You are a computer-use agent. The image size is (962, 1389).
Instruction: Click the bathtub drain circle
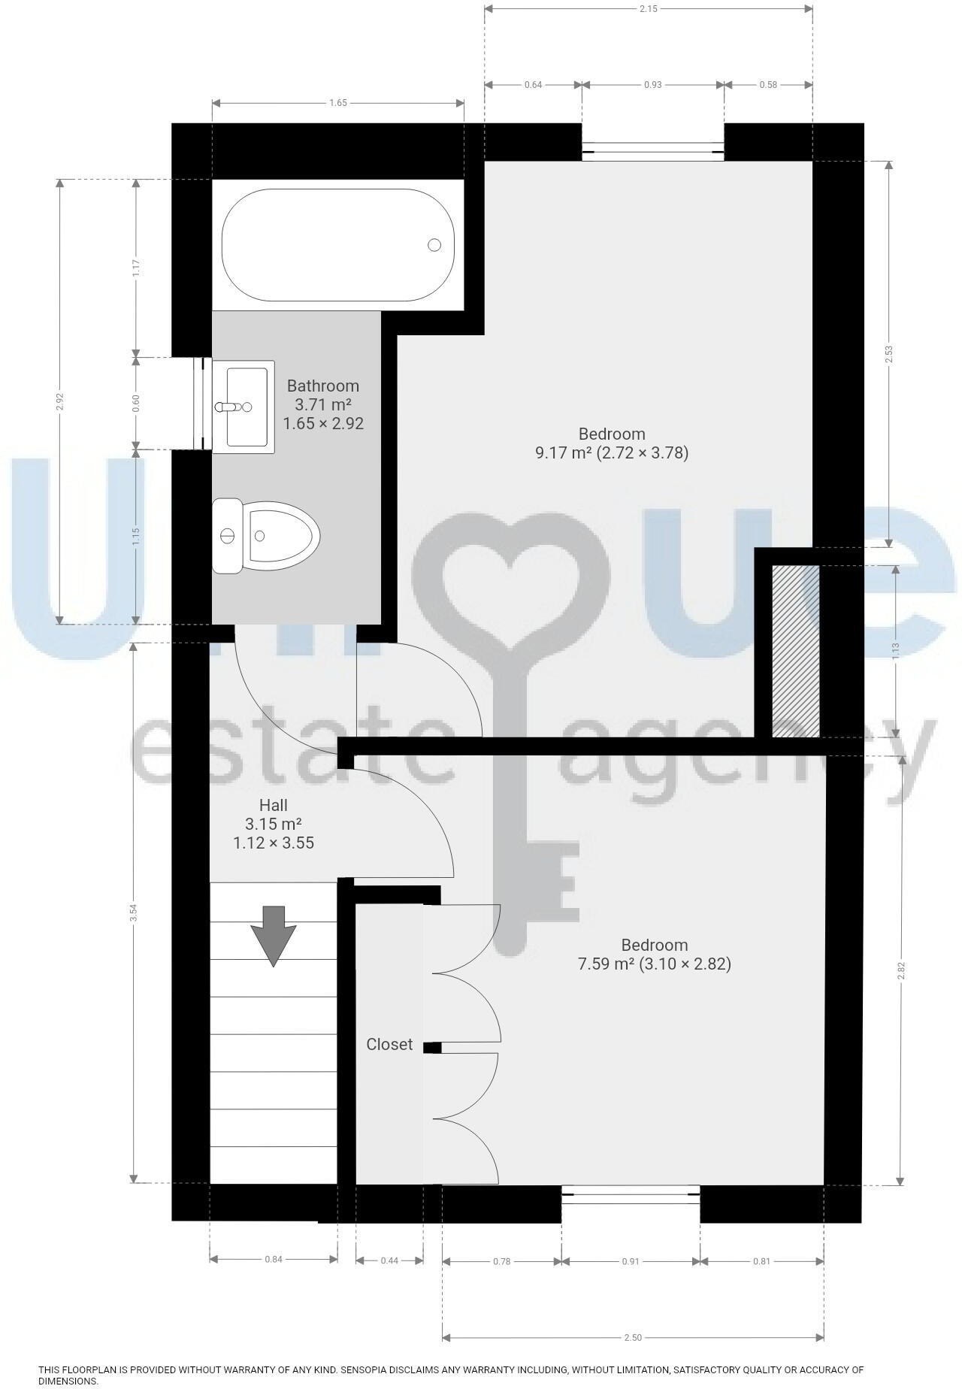(434, 244)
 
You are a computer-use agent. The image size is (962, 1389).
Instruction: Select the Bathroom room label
(323, 404)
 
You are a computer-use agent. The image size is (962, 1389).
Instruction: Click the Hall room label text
(274, 824)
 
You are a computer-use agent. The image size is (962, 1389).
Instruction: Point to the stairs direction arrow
(273, 935)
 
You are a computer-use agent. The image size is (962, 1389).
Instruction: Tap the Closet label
(389, 1044)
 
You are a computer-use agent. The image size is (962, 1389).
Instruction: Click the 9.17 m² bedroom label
(611, 443)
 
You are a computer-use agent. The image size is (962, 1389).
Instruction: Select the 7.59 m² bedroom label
(654, 955)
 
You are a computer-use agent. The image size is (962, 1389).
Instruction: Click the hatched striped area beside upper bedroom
(796, 651)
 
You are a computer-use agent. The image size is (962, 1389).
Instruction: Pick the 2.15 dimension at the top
(647, 9)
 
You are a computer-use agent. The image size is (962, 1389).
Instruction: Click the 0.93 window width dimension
(652, 85)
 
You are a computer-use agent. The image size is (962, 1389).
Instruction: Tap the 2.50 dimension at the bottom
(633, 1338)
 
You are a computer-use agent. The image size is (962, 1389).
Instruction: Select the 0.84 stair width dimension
(273, 1260)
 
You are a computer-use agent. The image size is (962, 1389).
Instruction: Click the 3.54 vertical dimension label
(134, 912)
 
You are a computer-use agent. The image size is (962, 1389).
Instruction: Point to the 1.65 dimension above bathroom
(338, 103)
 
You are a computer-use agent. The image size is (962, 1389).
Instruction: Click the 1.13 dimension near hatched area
(894, 651)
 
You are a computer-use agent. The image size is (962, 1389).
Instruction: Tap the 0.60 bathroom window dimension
(136, 403)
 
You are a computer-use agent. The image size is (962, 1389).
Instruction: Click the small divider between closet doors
(432, 1047)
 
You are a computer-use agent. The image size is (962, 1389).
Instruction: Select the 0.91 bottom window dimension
(630, 1261)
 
